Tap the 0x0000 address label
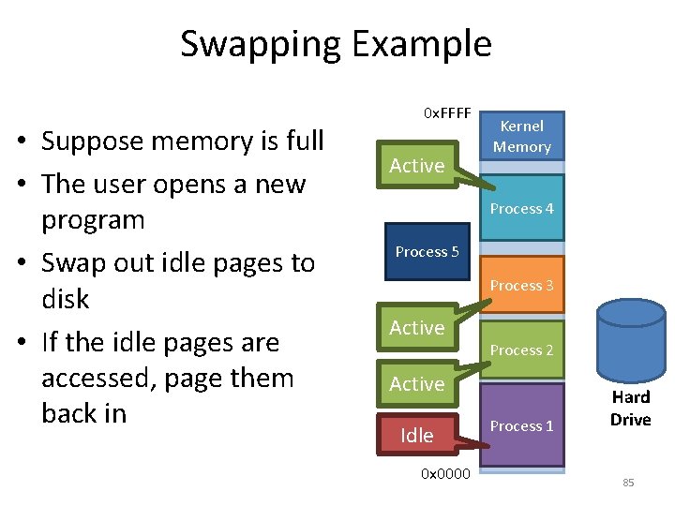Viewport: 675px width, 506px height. pos(446,472)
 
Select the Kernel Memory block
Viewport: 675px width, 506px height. pos(522,137)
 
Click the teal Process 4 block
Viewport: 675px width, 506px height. pos(522,208)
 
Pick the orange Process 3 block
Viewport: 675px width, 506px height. pos(522,285)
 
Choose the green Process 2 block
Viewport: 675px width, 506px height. pos(522,350)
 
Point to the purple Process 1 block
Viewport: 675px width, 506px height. pos(522,425)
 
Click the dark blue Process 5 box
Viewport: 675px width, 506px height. pos(427,251)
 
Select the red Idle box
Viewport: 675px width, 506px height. pos(417,435)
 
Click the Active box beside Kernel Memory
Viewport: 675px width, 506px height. pos(417,166)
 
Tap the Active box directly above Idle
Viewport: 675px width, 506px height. pos(417,383)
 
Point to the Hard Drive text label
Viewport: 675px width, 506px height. pos(630,408)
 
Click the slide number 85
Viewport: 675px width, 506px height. pos(628,483)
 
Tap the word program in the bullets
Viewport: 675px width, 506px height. pos(93,220)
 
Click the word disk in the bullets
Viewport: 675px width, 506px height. pos(65,299)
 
